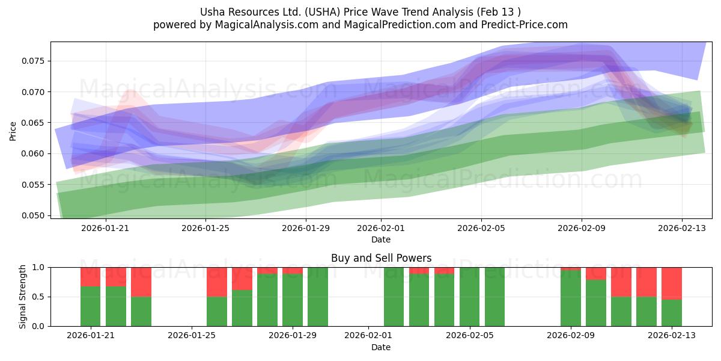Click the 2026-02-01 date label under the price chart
point(381,228)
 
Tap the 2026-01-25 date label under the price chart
point(205,228)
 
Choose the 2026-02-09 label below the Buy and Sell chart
point(571,335)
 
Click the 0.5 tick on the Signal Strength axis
point(38,297)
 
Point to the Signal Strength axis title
point(22,297)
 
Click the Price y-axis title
point(13,131)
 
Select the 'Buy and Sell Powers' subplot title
point(381,258)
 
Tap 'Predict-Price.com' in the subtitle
point(525,25)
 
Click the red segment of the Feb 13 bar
point(672,283)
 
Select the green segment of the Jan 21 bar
point(91,306)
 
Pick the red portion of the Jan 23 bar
point(141,282)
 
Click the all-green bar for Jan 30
point(318,297)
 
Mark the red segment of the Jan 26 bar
point(217,282)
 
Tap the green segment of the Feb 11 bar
point(621,312)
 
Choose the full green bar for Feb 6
point(494,297)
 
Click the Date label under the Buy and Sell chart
point(381,348)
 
